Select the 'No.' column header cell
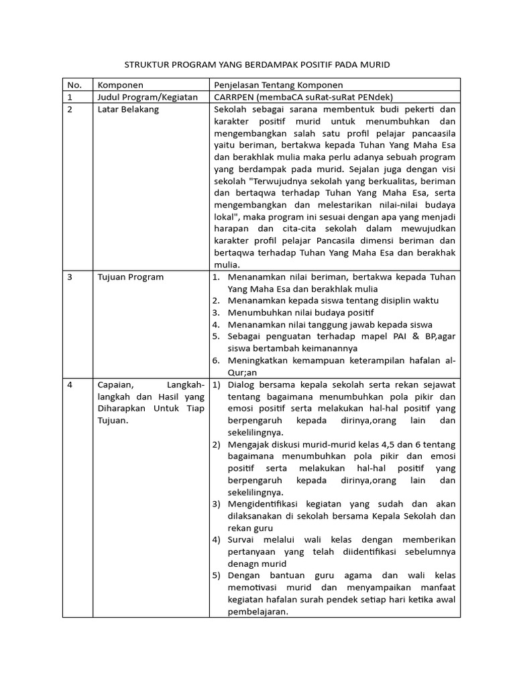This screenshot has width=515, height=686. pos(74,85)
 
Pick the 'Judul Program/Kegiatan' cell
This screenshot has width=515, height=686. pos(148,97)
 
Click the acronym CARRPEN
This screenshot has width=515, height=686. pos(235,97)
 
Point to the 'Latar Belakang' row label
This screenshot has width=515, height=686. pos(128,109)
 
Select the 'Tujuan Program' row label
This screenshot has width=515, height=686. pos(130,277)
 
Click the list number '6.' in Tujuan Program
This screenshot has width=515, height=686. pos(216,361)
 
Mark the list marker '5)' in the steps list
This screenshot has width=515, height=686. pos(216,575)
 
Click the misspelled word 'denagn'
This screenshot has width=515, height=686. pos(243,563)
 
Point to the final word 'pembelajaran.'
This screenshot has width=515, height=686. pos(259,612)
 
